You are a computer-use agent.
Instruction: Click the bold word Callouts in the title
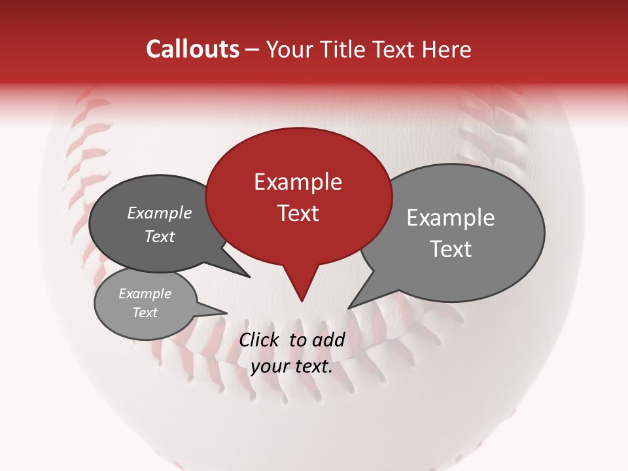tap(192, 49)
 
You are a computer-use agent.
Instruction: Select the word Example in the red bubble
tap(298, 182)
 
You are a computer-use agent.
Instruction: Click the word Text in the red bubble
tap(298, 213)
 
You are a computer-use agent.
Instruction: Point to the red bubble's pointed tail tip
tap(302, 302)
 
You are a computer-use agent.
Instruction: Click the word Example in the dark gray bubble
tap(159, 213)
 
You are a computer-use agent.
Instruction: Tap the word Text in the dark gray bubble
tap(159, 236)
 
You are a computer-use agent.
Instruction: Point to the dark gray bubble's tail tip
tap(250, 277)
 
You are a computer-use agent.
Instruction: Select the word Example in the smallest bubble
tap(145, 294)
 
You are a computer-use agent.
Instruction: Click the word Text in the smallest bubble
tap(145, 313)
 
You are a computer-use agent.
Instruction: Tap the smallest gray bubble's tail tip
tap(227, 313)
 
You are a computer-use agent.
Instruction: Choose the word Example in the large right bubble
tap(450, 218)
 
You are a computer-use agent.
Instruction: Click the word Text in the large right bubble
tap(450, 249)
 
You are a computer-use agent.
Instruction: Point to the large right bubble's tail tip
tap(348, 308)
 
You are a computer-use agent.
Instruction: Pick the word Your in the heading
tap(290, 49)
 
